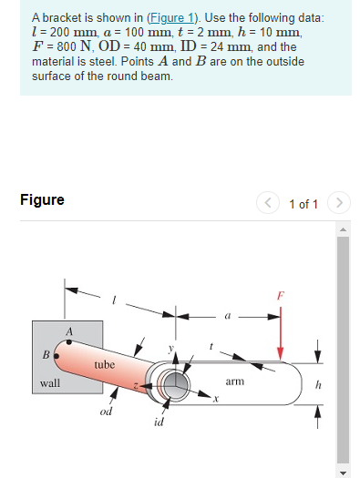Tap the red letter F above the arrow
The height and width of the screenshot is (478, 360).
pos(281,296)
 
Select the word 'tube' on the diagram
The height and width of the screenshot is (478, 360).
pos(104,364)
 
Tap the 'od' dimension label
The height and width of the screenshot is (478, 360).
pos(106,412)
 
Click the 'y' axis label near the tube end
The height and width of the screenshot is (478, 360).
pos(170,348)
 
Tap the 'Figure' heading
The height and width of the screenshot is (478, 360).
pos(42,199)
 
